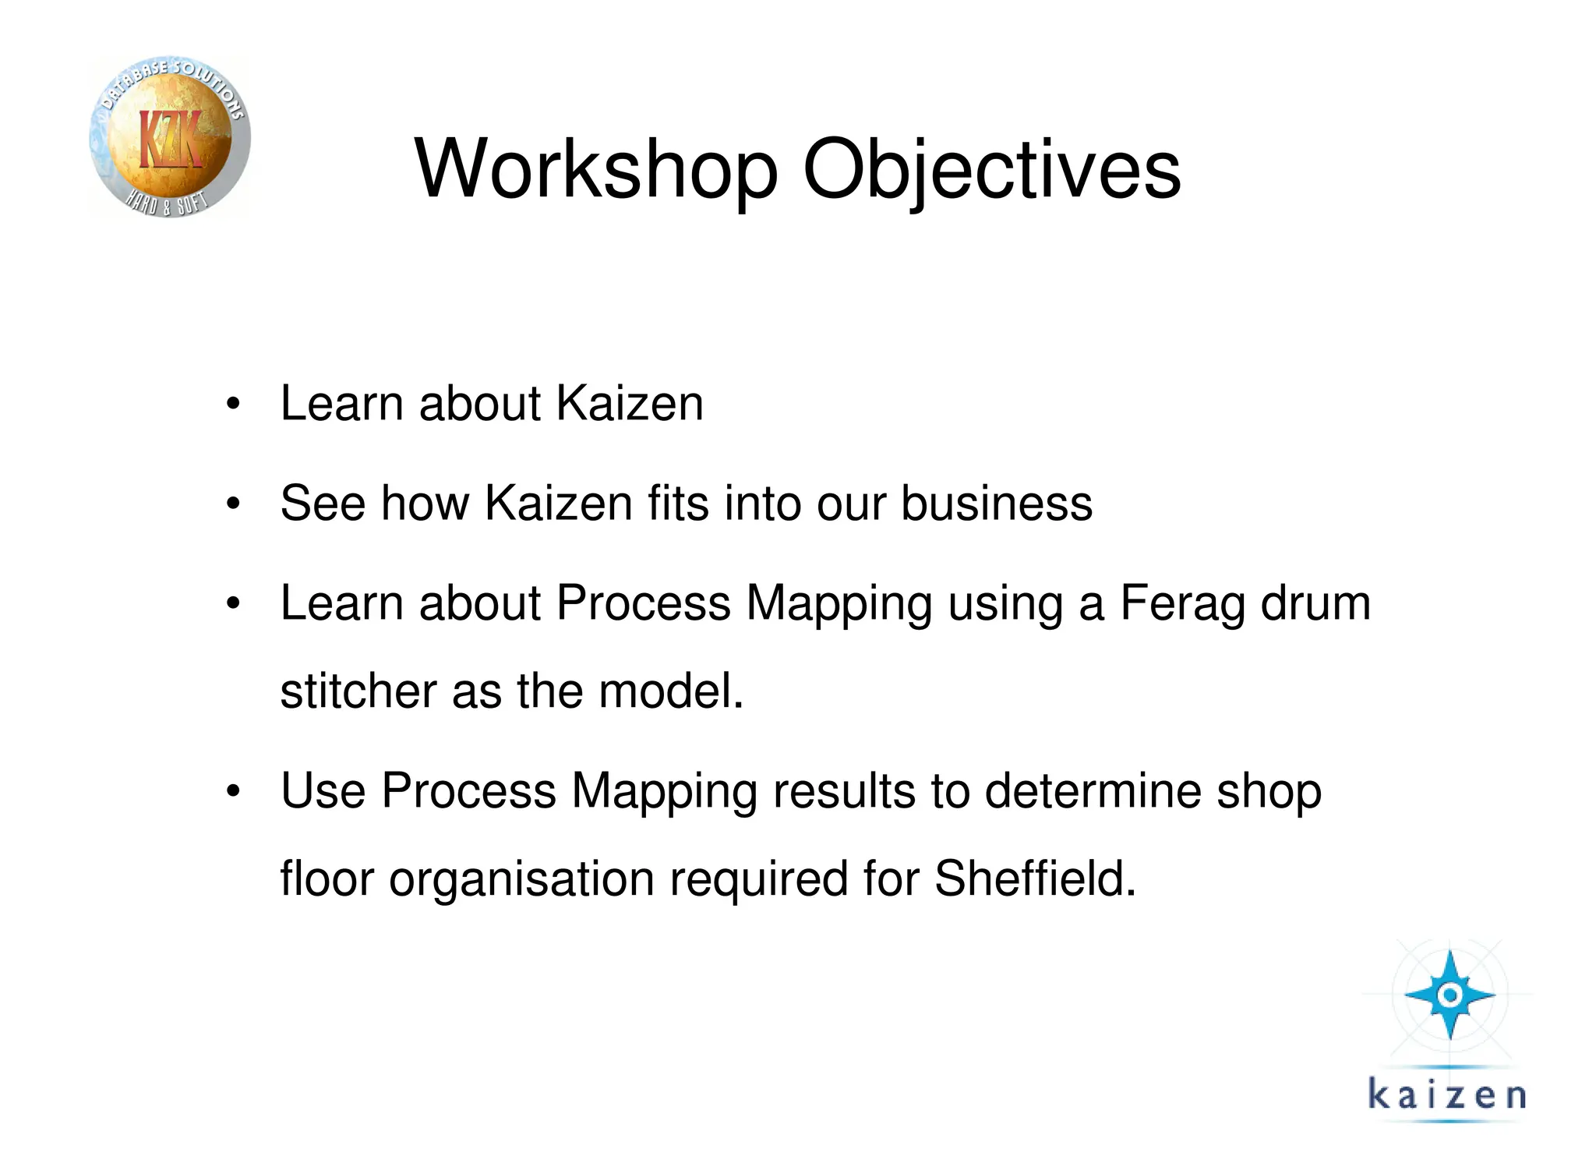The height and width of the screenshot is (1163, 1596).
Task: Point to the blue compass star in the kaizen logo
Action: coord(1449,995)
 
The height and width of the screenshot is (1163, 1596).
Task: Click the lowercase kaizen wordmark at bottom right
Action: coord(1447,1094)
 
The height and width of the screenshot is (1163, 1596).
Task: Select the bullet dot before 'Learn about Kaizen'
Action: coord(232,405)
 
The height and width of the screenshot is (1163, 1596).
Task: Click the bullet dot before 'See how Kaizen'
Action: coord(232,504)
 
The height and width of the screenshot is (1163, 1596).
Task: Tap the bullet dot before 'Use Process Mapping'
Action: coord(232,792)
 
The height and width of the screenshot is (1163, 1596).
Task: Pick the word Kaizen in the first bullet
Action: coord(630,404)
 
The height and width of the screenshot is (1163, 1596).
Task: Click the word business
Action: coord(997,504)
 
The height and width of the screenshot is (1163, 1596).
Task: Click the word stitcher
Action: coord(358,691)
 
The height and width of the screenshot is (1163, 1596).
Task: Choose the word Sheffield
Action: coord(1035,879)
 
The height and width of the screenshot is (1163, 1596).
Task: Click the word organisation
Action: coord(521,879)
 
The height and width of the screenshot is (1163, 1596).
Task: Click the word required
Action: coord(758,879)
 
